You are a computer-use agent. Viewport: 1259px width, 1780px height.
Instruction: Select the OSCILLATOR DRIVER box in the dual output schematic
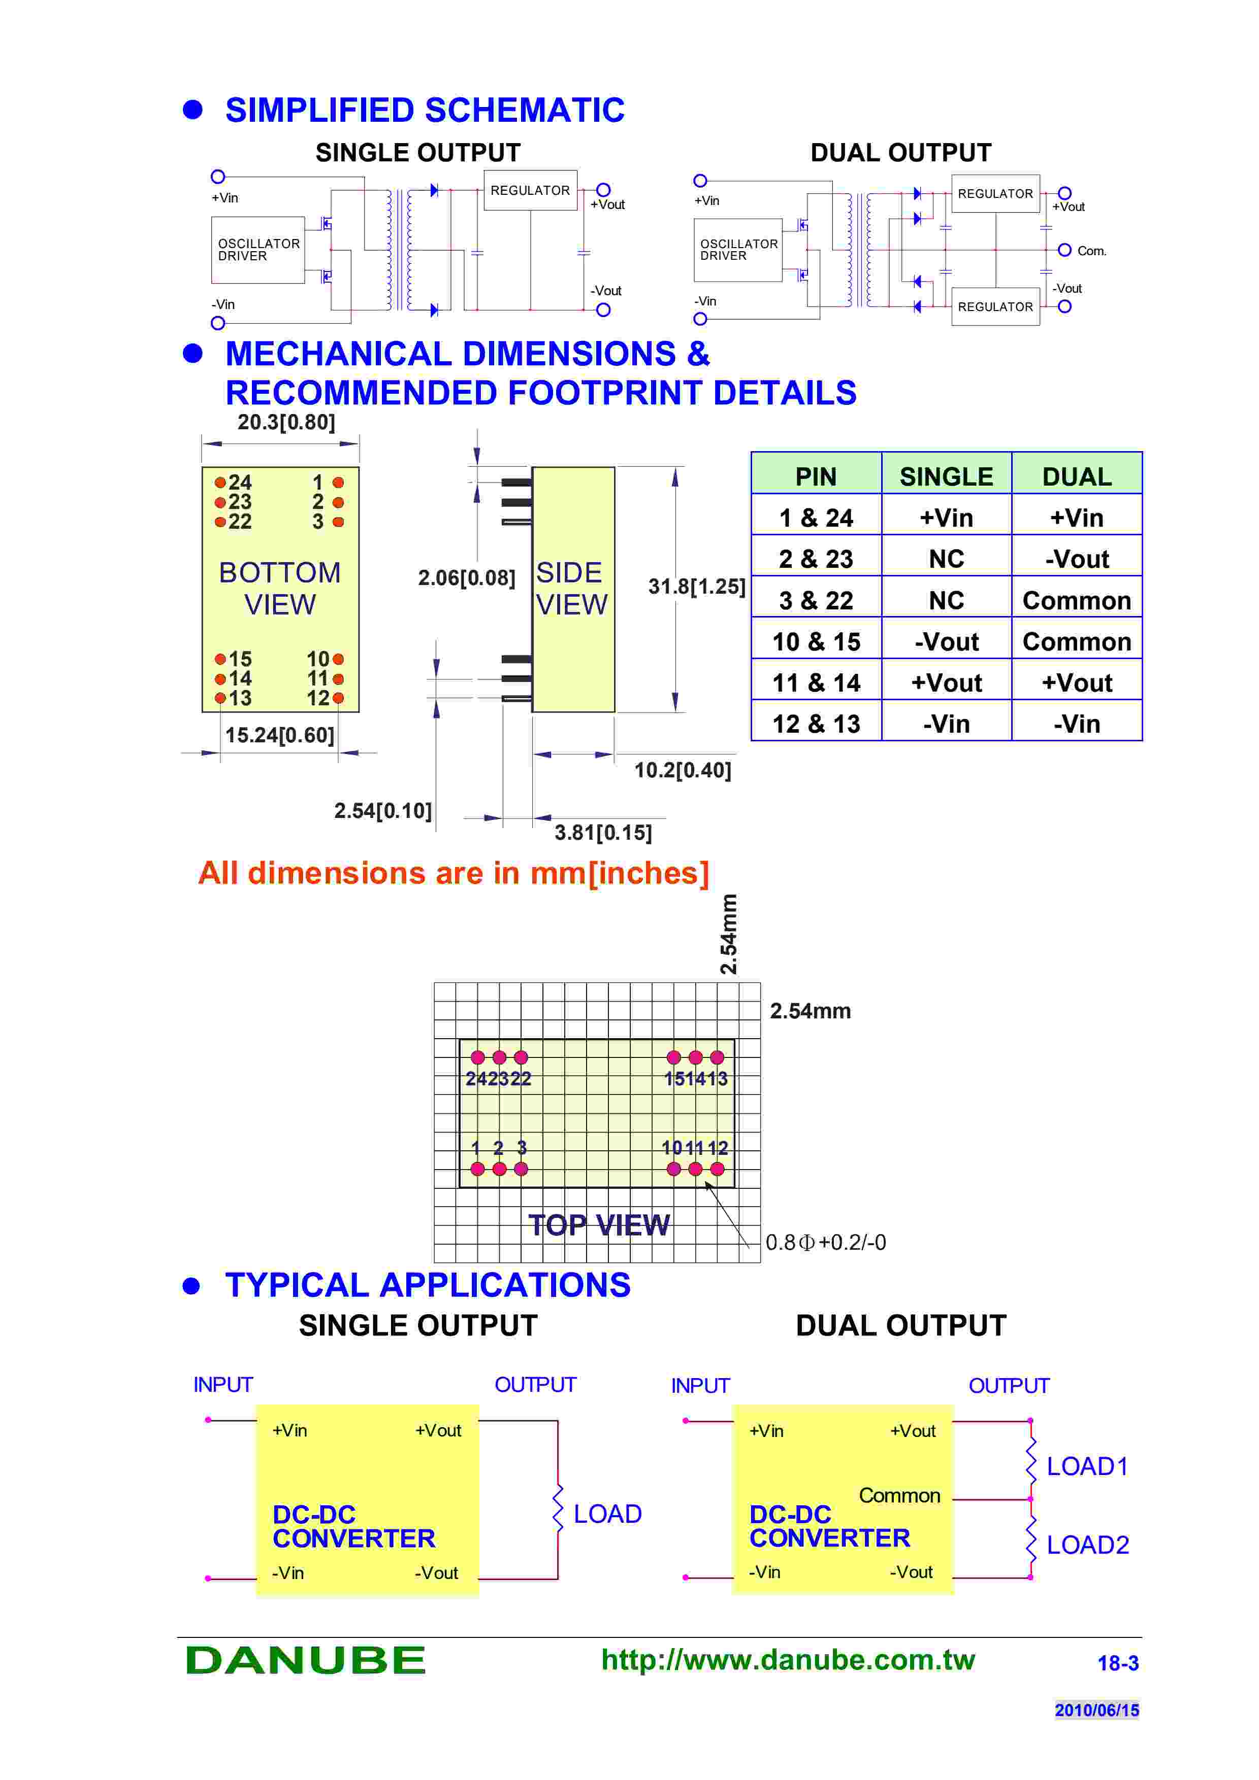[738, 250]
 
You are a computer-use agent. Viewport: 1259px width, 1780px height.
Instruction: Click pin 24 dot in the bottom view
[220, 482]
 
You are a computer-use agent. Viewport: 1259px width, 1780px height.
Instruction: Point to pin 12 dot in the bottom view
[338, 698]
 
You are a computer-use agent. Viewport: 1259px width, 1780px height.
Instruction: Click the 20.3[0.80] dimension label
[286, 423]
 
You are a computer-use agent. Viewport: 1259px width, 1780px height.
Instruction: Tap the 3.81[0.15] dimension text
[603, 833]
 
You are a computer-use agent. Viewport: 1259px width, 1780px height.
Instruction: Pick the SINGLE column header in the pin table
[946, 476]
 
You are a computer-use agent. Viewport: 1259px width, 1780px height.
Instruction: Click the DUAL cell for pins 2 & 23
[1076, 559]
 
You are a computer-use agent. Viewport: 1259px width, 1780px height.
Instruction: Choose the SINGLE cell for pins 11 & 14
[946, 682]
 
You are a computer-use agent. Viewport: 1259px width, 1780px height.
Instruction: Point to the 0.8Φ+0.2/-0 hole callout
[825, 1242]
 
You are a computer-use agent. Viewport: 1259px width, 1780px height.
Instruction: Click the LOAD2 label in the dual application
[1087, 1545]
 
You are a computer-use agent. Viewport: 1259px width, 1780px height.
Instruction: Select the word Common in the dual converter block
[899, 1495]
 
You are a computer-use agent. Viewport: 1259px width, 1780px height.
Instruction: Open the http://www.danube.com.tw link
[787, 1659]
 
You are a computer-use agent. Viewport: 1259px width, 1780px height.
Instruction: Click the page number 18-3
[1117, 1663]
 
